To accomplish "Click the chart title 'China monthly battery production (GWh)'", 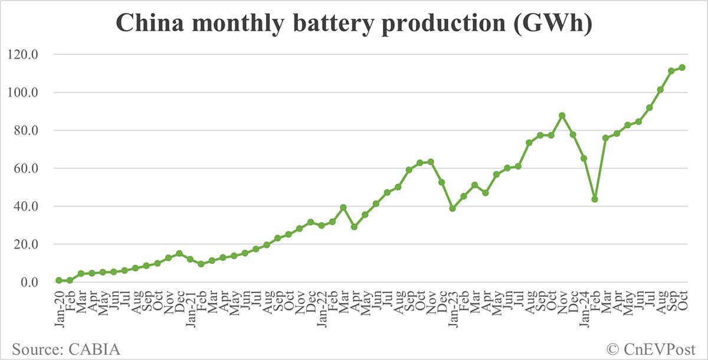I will pyautogui.click(x=353, y=24).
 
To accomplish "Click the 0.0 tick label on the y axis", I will pyautogui.click(x=28, y=283).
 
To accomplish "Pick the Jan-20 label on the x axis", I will pyautogui.click(x=59, y=306).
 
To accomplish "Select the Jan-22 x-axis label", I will pyautogui.click(x=322, y=306).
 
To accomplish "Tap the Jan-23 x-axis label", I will pyautogui.click(x=453, y=306).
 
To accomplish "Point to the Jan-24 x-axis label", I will pyautogui.click(x=584, y=306).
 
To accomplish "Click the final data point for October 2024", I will pyautogui.click(x=682, y=67).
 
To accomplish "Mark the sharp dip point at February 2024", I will pyautogui.click(x=595, y=199).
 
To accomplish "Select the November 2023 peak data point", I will pyautogui.click(x=562, y=116).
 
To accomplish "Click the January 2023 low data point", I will pyautogui.click(x=453, y=208).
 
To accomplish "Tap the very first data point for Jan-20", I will pyautogui.click(x=59, y=280).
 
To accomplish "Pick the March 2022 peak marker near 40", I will pyautogui.click(x=343, y=208).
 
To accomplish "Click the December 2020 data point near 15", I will pyautogui.click(x=179, y=253).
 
